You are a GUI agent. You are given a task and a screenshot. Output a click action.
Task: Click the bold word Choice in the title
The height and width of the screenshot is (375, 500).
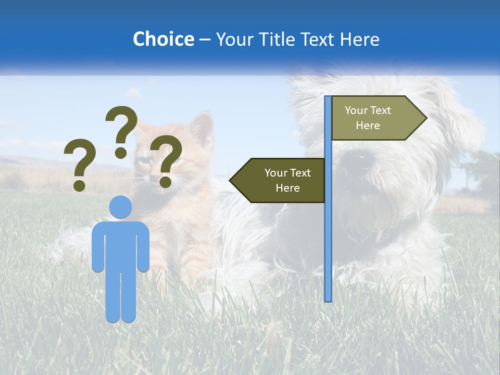click(x=163, y=39)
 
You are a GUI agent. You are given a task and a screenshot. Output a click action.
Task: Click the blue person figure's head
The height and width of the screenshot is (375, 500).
click(x=120, y=207)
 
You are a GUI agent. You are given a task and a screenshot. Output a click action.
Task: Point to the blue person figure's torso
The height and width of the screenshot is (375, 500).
click(x=120, y=245)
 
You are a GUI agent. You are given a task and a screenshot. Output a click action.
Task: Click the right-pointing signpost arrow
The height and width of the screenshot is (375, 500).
click(x=375, y=118)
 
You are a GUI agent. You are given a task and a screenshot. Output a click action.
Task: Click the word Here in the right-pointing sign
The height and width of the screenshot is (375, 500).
click(x=368, y=126)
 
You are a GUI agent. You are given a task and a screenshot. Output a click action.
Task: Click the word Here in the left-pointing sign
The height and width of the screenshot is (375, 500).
click(x=287, y=188)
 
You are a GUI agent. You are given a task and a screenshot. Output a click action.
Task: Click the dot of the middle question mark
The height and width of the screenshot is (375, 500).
click(x=121, y=152)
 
